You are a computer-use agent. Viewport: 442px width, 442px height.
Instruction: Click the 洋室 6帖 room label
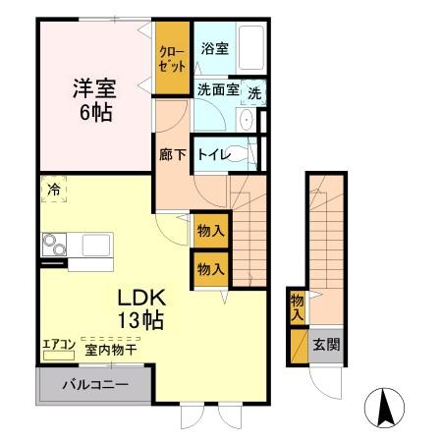pyautogui.click(x=93, y=98)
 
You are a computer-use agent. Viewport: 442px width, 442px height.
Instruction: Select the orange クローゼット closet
pyautogui.click(x=172, y=59)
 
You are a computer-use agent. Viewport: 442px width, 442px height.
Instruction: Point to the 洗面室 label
pyautogui.click(x=217, y=89)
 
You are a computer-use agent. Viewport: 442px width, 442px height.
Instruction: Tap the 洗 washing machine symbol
pyautogui.click(x=254, y=93)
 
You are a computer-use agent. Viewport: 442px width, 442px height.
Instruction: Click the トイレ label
pyautogui.click(x=213, y=154)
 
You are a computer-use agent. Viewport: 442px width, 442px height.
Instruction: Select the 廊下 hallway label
pyautogui.click(x=173, y=154)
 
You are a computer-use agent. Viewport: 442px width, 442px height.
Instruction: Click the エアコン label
pyautogui.click(x=58, y=345)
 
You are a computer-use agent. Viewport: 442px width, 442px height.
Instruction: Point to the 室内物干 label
pyautogui.click(x=109, y=348)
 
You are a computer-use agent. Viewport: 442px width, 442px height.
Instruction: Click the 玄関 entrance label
pyautogui.click(x=327, y=345)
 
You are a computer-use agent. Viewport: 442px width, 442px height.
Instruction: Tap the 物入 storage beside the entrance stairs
pyautogui.click(x=297, y=306)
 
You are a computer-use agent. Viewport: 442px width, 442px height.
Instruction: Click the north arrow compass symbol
pyautogui.click(x=384, y=406)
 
